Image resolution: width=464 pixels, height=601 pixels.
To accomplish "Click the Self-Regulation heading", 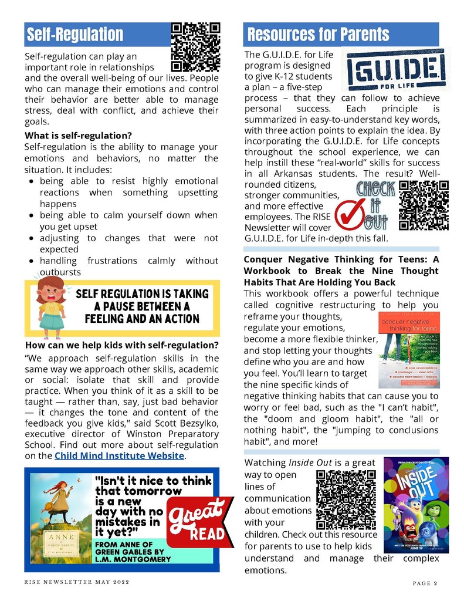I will (74, 35).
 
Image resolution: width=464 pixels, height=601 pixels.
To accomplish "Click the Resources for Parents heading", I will (318, 35).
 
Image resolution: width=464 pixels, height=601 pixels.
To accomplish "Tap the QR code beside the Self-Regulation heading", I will (195, 47).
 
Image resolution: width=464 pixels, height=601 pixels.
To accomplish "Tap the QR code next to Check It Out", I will (424, 205).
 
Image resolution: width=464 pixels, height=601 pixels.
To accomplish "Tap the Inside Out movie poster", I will (416, 505).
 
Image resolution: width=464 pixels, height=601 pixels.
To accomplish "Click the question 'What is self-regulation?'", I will (77, 136).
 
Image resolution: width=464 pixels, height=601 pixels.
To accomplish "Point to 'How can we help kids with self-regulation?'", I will (121, 345).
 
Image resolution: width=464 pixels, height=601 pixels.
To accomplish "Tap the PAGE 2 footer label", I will (425, 583).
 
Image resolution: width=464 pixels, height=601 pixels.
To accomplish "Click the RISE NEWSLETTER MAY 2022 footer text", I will (76, 582).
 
